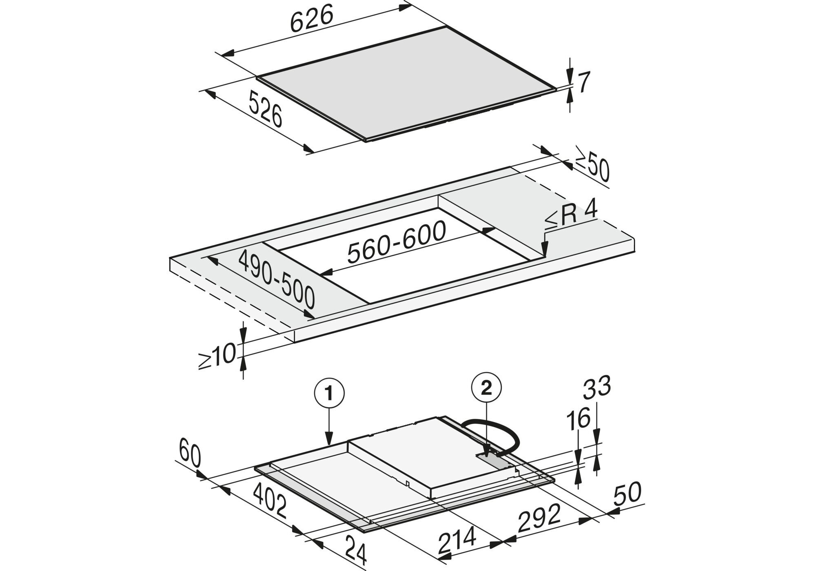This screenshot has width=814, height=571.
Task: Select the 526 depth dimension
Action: tap(265, 109)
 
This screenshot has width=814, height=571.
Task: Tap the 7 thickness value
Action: tap(584, 83)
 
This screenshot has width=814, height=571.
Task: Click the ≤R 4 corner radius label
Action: tap(571, 215)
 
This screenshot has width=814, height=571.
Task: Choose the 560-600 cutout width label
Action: tap(396, 242)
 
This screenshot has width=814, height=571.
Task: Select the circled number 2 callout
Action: tap(486, 389)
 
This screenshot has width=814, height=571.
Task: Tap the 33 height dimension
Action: tap(597, 387)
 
